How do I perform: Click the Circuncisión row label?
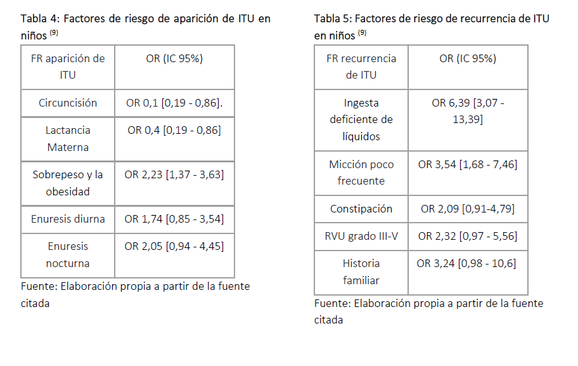tap(68, 103)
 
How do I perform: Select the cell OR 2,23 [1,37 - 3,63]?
tap(174, 174)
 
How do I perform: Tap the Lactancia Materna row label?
tap(68, 138)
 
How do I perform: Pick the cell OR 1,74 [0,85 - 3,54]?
tap(174, 219)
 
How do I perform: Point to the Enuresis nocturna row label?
tap(68, 254)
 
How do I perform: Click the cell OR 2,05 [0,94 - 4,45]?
tap(174, 246)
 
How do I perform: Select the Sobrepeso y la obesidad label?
tap(68, 183)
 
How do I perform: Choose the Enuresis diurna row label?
tap(68, 219)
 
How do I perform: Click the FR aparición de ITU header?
tap(68, 67)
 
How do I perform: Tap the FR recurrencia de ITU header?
tap(361, 67)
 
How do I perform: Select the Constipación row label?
tap(361, 209)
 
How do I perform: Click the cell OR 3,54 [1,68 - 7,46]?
tap(468, 164)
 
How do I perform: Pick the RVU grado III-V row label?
tap(361, 236)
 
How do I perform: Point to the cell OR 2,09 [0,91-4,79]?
tap(468, 209)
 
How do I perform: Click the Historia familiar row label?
tap(361, 271)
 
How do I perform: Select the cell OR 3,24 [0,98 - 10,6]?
tap(468, 263)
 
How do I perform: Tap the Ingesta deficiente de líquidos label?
tap(361, 119)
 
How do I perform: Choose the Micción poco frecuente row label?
tap(361, 173)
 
